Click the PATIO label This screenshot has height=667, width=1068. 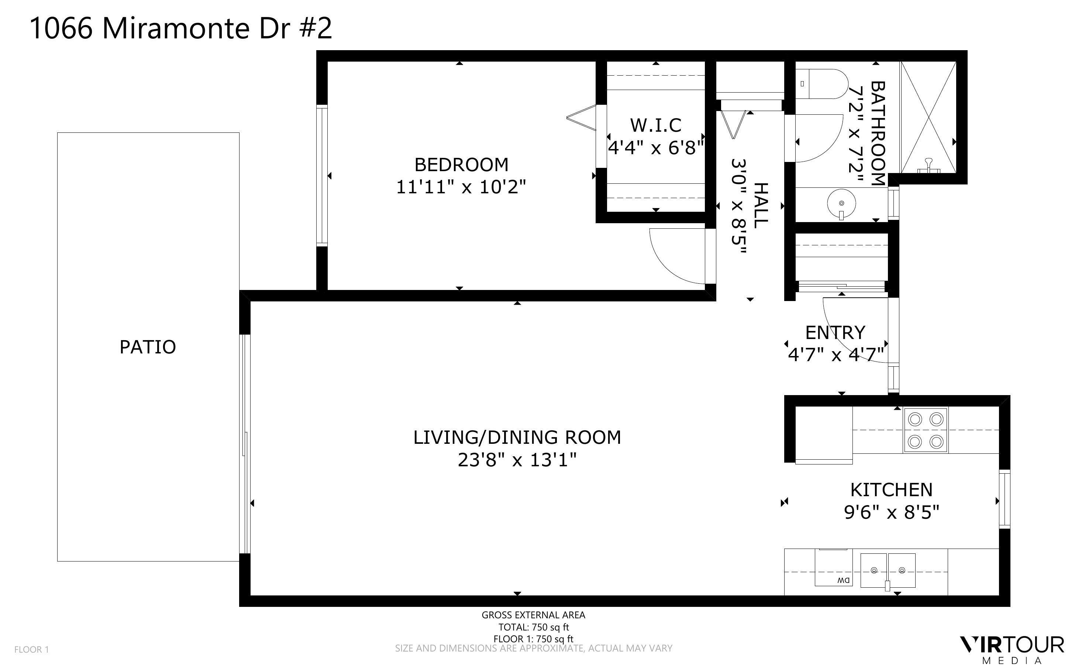[x=148, y=347]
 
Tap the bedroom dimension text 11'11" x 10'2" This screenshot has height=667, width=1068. [x=461, y=187]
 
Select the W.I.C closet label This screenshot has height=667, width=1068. [x=655, y=125]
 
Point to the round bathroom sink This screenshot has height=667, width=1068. [x=841, y=204]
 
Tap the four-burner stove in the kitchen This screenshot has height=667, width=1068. [x=925, y=430]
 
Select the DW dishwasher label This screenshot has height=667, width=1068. [x=843, y=581]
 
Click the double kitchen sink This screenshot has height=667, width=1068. [x=888, y=570]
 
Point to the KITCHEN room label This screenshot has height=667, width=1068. [x=891, y=490]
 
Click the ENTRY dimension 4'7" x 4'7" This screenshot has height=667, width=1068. [x=836, y=354]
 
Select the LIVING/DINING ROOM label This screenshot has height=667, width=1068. [x=517, y=438]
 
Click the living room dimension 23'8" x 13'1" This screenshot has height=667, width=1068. [x=517, y=460]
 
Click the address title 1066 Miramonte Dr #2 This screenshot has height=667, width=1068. [x=180, y=29]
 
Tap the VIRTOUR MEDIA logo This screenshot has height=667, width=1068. [x=1012, y=649]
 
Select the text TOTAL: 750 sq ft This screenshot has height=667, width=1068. [x=533, y=627]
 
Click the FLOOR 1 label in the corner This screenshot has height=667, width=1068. [x=31, y=650]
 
